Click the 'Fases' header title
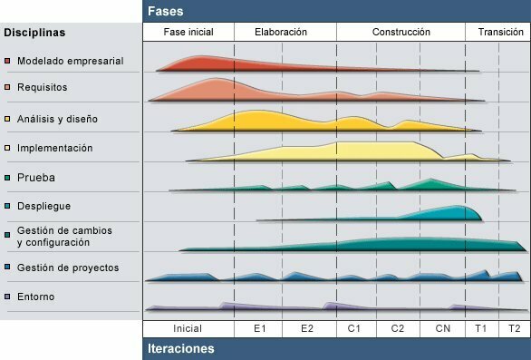coord(165,12)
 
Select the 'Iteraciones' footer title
coord(180,348)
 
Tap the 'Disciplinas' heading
coord(34,33)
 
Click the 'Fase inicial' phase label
coord(188,32)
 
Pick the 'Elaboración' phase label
coord(281,32)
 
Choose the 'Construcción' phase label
coord(401,32)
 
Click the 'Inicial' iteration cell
coord(188,328)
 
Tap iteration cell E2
coord(308,328)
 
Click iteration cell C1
coord(355,328)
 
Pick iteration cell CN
coord(442,328)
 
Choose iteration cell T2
coord(514,328)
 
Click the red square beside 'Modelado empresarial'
coord(8,62)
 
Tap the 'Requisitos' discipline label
coord(42,87)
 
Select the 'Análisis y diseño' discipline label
coord(57,118)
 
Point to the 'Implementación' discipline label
coord(54,147)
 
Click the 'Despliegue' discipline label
coord(43,206)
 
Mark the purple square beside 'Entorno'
coord(8,297)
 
